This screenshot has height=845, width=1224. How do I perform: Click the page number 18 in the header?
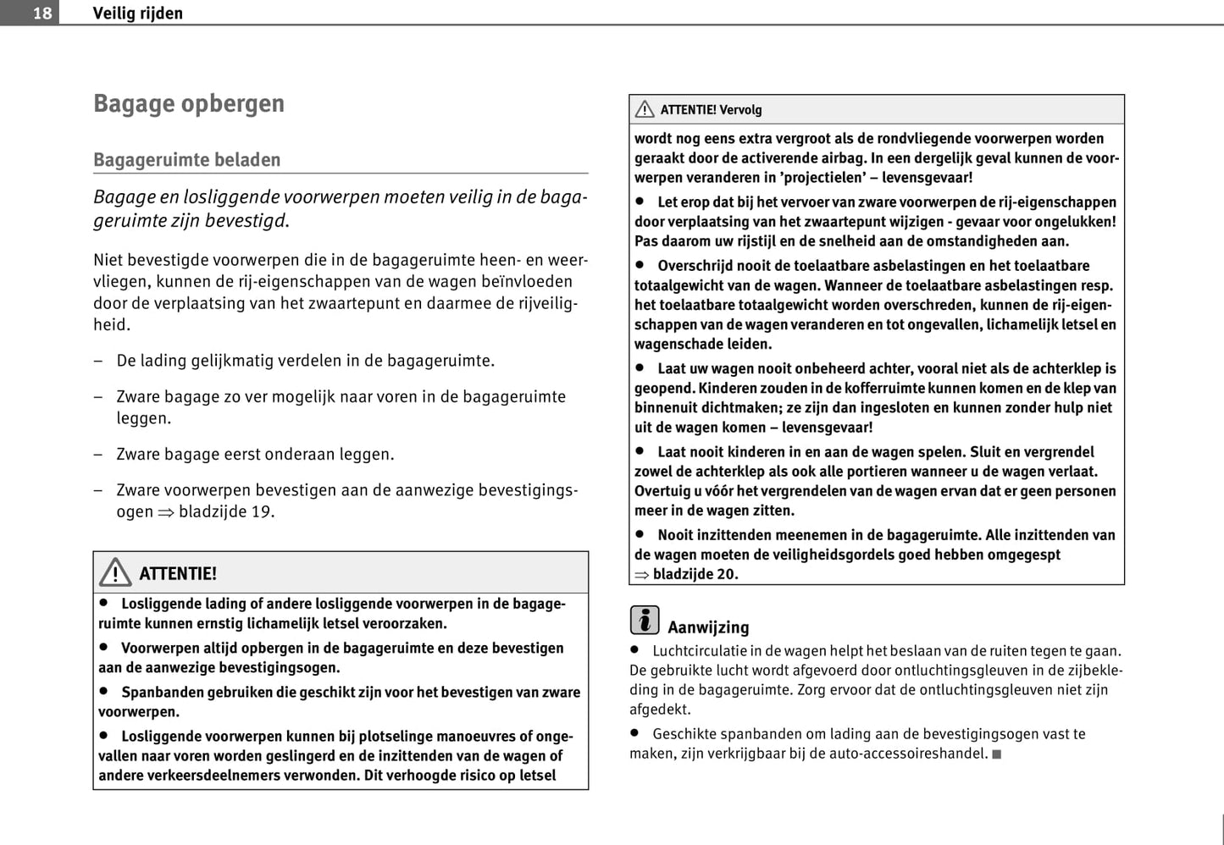(x=42, y=13)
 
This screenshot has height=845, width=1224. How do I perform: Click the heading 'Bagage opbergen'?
(x=189, y=103)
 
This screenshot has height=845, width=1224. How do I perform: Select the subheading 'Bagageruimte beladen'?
(x=186, y=159)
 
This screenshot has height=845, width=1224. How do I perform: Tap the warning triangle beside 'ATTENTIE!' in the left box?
(x=115, y=572)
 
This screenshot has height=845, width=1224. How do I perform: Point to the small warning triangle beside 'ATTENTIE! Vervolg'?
(x=645, y=109)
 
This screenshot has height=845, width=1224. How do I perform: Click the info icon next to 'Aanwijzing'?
(x=645, y=621)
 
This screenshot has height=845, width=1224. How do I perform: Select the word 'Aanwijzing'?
(x=708, y=627)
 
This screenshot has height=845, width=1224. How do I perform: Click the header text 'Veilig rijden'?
(x=137, y=13)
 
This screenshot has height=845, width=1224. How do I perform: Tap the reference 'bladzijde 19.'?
(x=226, y=511)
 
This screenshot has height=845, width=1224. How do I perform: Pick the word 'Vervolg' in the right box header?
(x=740, y=110)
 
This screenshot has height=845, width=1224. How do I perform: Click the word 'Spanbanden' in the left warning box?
(x=163, y=693)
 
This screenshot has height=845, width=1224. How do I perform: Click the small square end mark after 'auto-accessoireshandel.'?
(x=997, y=754)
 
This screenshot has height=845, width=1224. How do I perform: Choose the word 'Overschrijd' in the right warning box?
(x=700, y=266)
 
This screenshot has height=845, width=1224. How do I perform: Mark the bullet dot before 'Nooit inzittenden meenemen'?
(x=640, y=534)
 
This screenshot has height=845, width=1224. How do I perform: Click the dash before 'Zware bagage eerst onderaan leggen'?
(x=98, y=455)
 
